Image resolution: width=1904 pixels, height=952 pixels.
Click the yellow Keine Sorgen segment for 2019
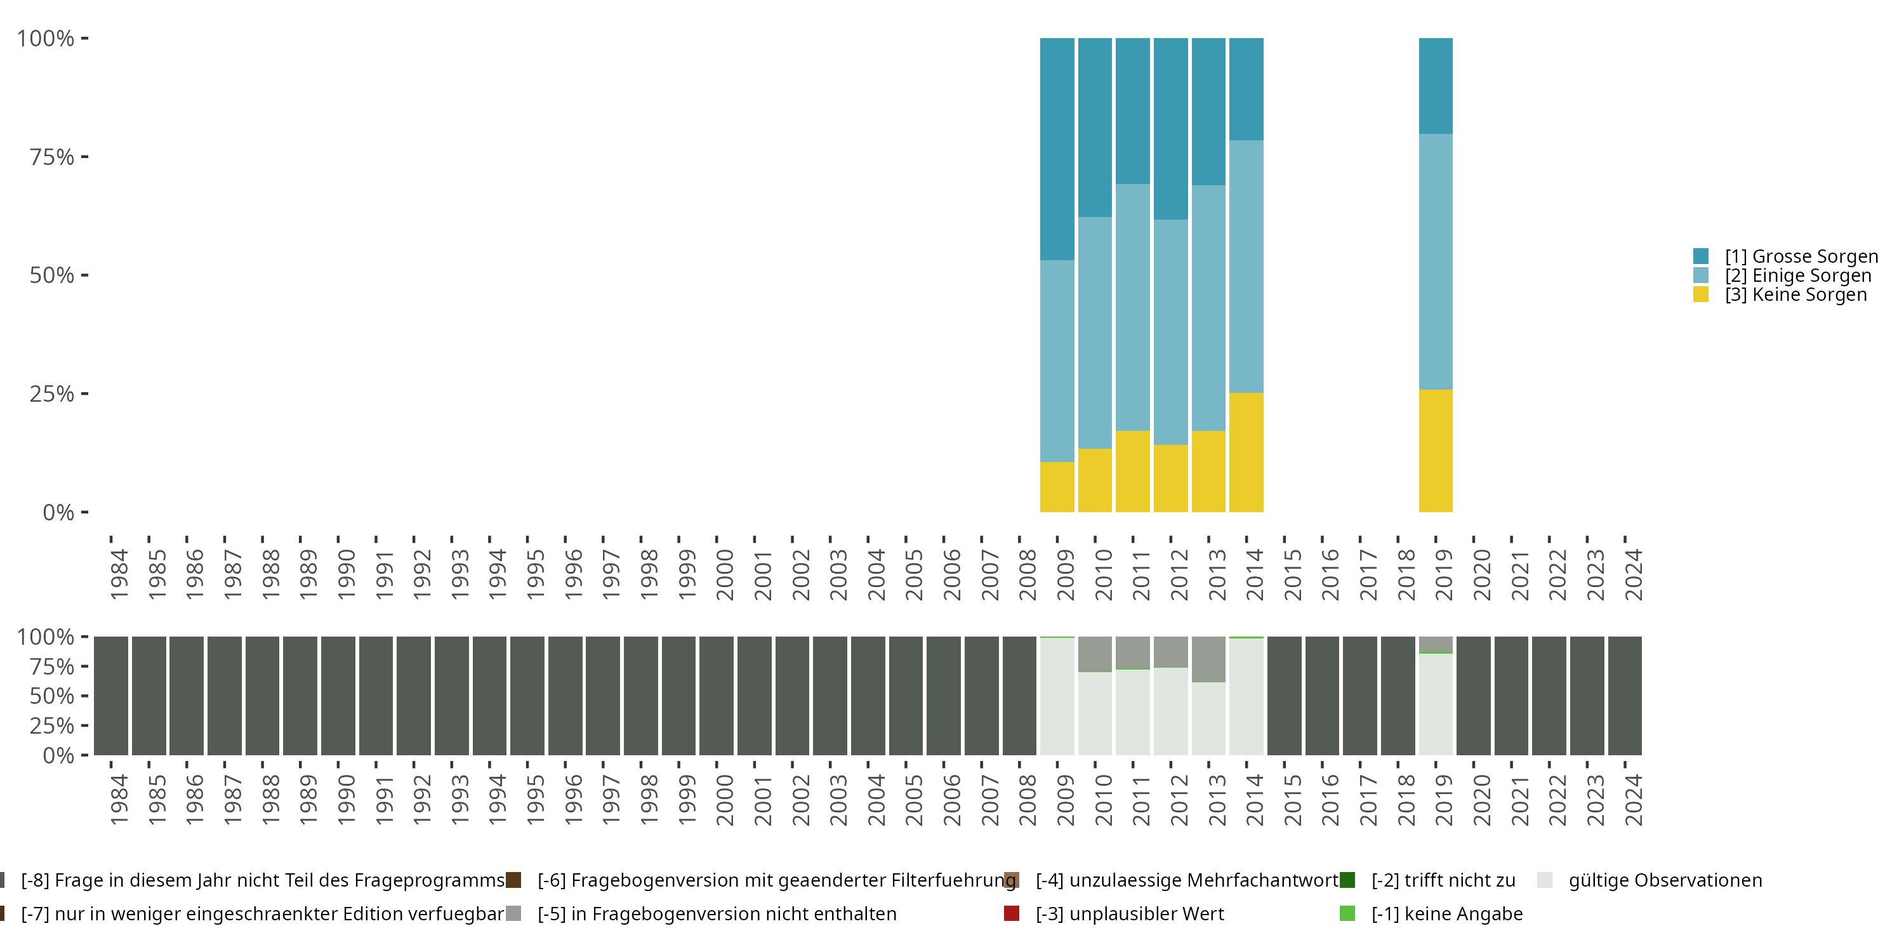[x=1436, y=451]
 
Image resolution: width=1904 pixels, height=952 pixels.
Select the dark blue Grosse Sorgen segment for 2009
[x=1057, y=149]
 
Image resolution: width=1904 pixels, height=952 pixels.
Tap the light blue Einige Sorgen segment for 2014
[x=1246, y=267]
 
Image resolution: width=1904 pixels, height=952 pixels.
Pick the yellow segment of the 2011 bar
[x=1132, y=472]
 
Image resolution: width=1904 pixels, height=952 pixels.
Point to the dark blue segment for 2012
[x=1171, y=129]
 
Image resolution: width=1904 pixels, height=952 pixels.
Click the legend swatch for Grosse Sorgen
[x=1701, y=256]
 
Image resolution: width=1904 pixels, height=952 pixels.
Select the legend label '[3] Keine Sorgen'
[x=1796, y=295]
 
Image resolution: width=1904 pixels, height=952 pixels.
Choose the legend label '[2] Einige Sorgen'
[x=1798, y=275]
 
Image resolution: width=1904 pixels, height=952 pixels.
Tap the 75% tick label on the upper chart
[x=52, y=157]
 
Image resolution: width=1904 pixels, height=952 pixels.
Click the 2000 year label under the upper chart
[x=725, y=574]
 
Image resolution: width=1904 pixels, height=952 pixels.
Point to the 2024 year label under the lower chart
[x=1634, y=800]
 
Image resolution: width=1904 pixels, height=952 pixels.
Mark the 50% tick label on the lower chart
[x=52, y=696]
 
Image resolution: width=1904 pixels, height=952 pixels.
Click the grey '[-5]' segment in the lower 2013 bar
[x=1208, y=659]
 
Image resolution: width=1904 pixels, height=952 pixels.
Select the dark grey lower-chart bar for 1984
[x=111, y=696]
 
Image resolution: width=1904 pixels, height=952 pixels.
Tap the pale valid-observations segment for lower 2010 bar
[x=1095, y=714]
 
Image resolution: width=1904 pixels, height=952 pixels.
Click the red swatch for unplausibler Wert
[x=1012, y=913]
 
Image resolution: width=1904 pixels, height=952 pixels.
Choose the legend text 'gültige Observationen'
[x=1665, y=880]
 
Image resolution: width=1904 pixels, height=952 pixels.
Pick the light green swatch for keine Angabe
[x=1347, y=913]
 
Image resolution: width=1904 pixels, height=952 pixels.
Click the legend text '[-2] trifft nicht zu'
[x=1443, y=880]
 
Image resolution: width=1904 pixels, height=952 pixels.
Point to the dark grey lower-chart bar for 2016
[x=1322, y=696]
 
